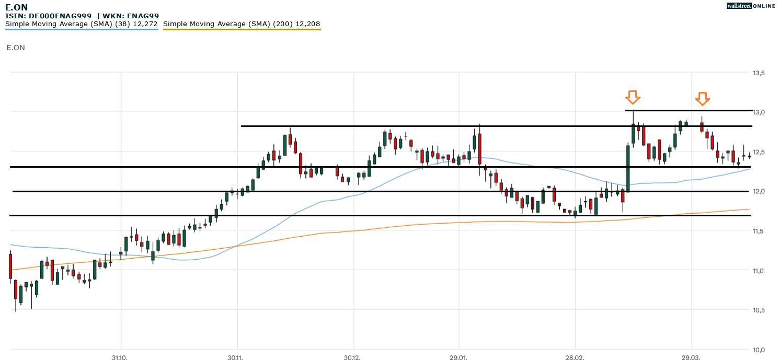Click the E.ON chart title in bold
[17, 7]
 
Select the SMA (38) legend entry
[82, 24]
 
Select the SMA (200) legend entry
[242, 24]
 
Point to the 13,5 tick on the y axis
[759, 73]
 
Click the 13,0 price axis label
[759, 112]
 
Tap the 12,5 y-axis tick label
[759, 152]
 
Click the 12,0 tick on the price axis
[759, 192]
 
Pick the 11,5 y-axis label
[759, 231]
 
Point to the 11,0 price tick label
[759, 271]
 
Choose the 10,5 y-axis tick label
[759, 310]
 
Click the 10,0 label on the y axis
[759, 350]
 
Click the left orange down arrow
[633, 97]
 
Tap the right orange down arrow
[702, 98]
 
